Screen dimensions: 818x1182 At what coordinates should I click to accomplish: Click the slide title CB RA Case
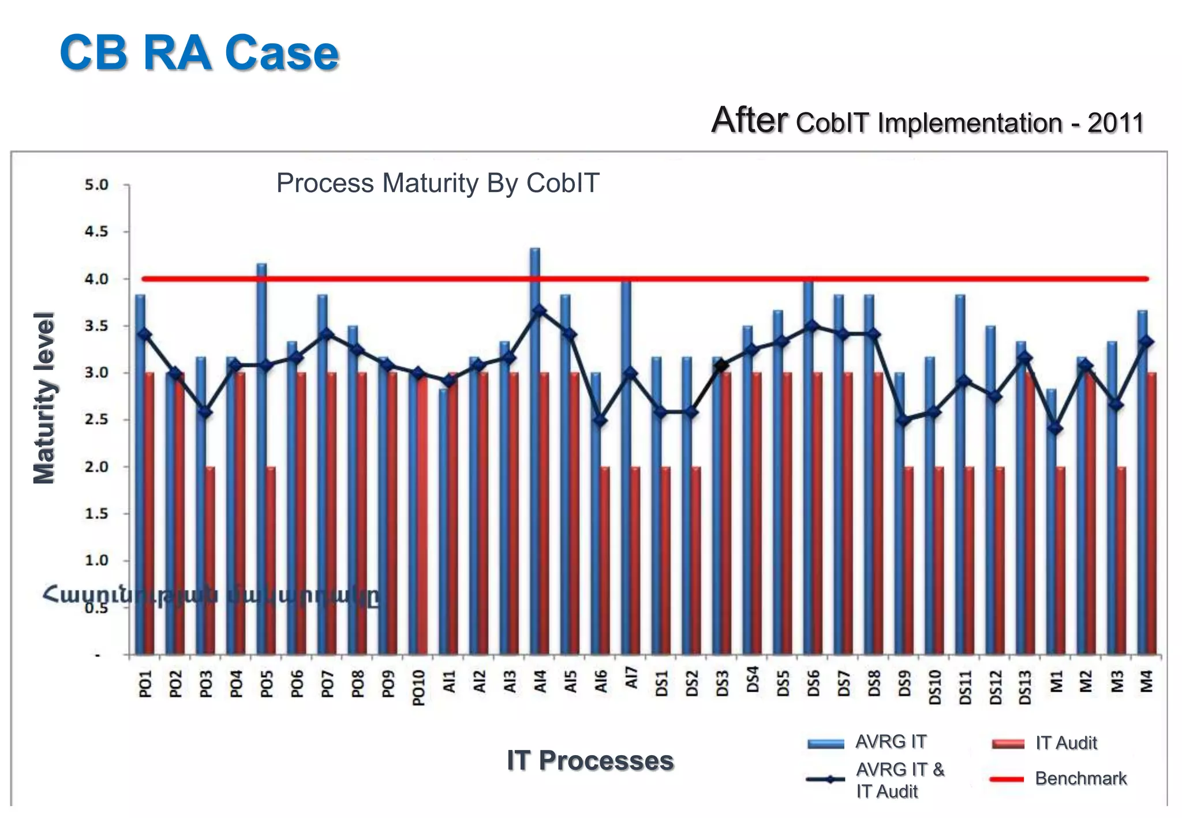[199, 53]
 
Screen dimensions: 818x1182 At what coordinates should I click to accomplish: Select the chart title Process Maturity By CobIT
[437, 183]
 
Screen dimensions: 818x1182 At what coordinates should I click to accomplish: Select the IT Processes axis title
[590, 760]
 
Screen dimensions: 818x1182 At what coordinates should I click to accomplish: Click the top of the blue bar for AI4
[535, 250]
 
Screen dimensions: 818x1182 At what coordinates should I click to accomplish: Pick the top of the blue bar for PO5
[261, 265]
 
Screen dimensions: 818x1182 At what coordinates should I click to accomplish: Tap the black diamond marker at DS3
[721, 365]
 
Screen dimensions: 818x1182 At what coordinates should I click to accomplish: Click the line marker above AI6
[600, 420]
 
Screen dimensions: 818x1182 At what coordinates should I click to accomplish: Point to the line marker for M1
[1056, 428]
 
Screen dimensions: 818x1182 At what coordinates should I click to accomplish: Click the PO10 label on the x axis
[419, 687]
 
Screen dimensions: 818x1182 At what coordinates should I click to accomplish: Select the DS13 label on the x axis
[1025, 686]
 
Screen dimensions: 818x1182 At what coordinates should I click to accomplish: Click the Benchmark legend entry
[1080, 779]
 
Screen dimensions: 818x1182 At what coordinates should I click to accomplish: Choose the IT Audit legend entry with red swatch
[1065, 743]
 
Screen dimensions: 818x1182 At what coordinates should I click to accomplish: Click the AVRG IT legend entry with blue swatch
[891, 742]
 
